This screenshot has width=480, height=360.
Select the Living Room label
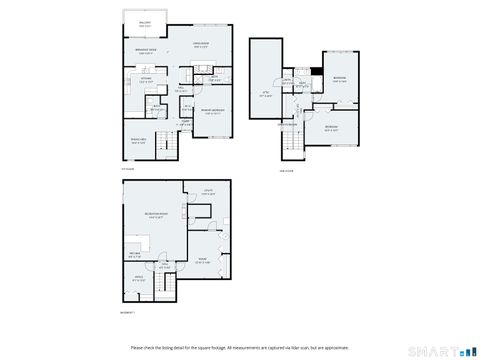[x=200, y=45]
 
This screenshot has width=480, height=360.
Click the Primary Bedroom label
[x=212, y=111]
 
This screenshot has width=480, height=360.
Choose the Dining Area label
[x=139, y=140]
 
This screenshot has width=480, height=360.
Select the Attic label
[x=265, y=93]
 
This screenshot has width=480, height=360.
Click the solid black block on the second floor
[x=316, y=70]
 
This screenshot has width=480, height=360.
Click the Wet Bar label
[x=134, y=255]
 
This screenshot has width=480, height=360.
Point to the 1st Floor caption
[x=127, y=168]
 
